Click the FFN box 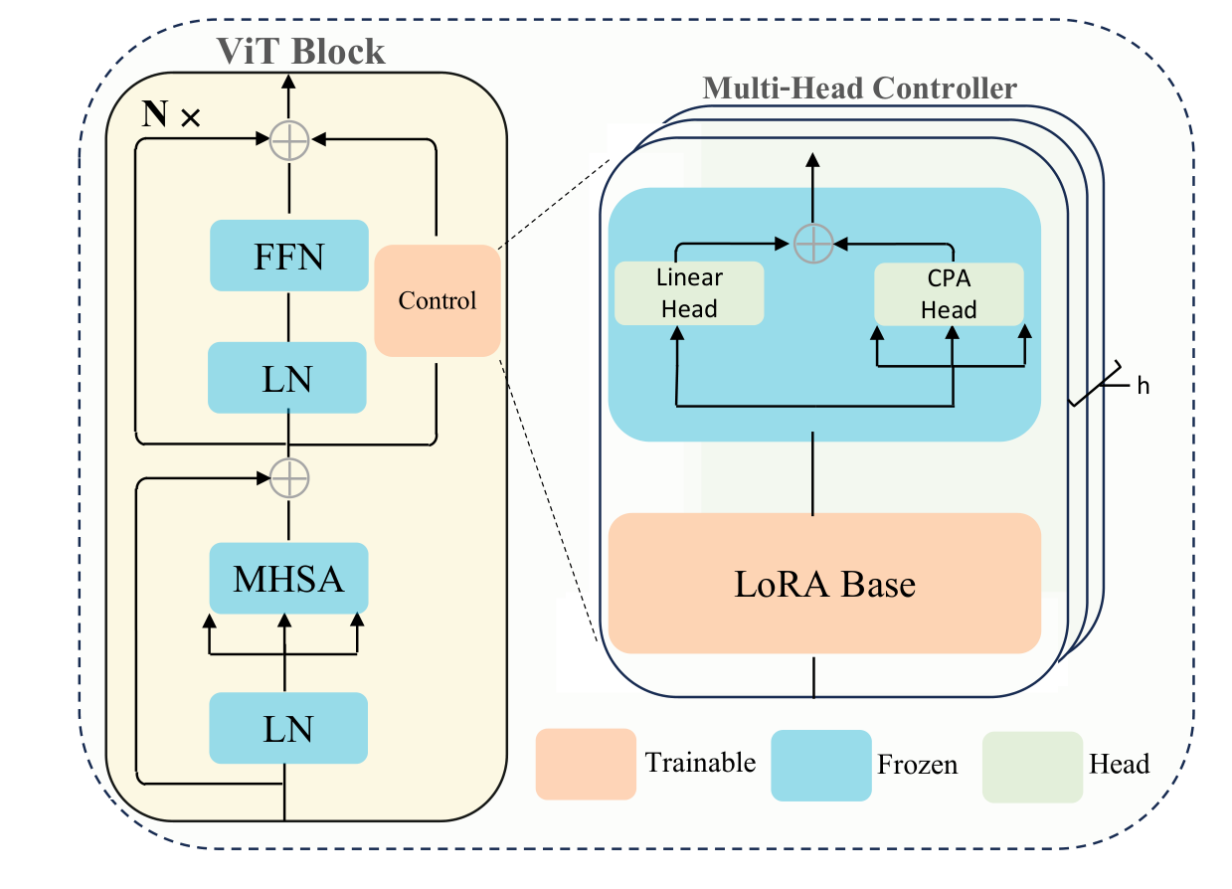[x=288, y=256]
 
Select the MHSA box [x=288, y=578]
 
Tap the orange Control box [x=438, y=300]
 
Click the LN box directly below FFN [x=288, y=377]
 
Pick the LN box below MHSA [x=288, y=729]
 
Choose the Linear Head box [x=689, y=293]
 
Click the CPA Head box [x=949, y=294]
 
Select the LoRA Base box [x=824, y=583]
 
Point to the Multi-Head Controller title [x=859, y=89]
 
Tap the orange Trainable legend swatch [x=586, y=764]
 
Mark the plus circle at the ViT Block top [x=290, y=142]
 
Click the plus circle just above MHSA [x=290, y=478]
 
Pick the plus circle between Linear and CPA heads [x=813, y=242]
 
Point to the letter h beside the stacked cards [x=1143, y=386]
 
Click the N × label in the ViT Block [x=171, y=115]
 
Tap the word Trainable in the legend [x=700, y=764]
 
